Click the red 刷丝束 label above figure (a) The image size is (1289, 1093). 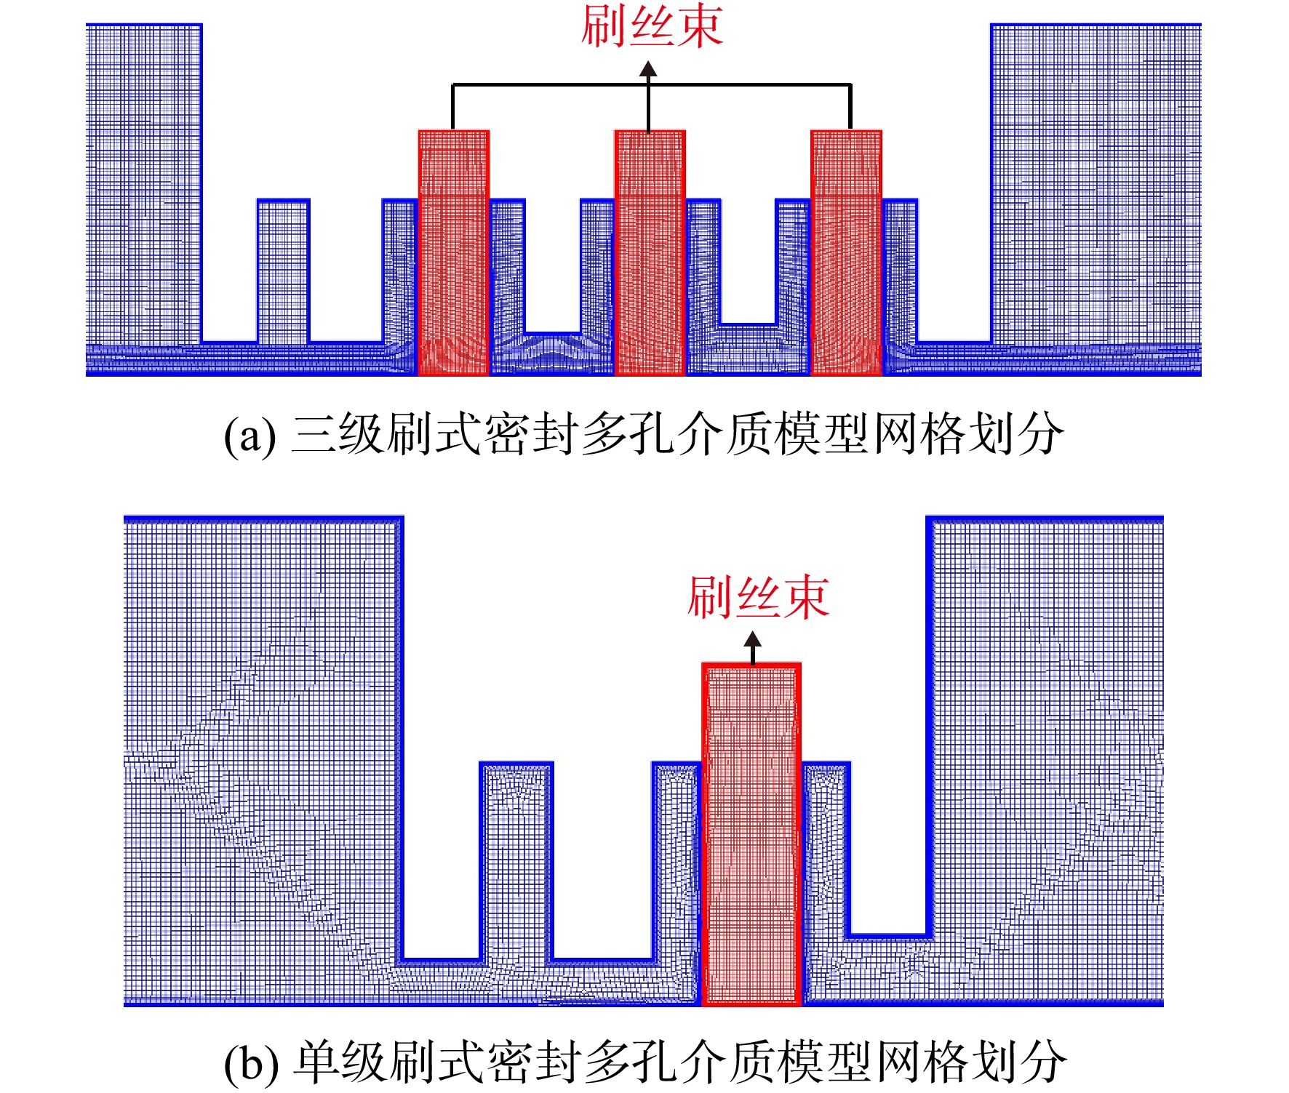tap(651, 27)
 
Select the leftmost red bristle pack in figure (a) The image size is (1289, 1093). tap(453, 252)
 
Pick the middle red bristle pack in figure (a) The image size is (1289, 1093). tap(650, 252)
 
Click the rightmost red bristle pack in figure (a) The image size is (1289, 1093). tap(846, 252)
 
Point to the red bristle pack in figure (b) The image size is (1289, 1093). tap(751, 834)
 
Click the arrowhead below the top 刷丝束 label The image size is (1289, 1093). tap(648, 69)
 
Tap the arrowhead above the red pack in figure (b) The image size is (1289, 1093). tap(753, 639)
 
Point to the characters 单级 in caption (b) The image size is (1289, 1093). tap(340, 1062)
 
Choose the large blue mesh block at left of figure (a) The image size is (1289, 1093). tap(144, 184)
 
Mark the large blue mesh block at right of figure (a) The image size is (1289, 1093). tap(1096, 184)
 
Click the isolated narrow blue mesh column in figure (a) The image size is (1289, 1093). tap(283, 271)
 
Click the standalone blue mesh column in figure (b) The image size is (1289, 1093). tap(516, 862)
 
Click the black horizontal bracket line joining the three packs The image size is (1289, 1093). tap(651, 85)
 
